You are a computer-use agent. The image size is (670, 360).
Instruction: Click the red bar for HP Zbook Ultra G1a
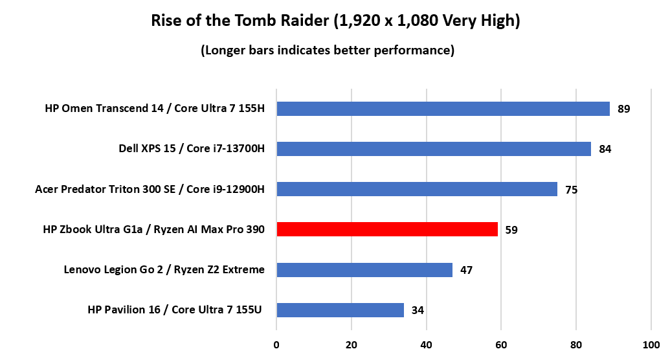387,229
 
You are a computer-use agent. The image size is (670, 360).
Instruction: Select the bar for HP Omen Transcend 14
443,109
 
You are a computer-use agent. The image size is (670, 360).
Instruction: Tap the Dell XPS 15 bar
434,149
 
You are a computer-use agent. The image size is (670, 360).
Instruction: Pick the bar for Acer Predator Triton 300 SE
417,189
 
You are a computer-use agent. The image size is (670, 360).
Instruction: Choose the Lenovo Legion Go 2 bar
364,269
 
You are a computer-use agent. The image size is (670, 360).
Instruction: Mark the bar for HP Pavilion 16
340,310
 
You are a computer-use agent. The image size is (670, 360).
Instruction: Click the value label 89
623,109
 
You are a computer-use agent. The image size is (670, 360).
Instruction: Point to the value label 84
605,150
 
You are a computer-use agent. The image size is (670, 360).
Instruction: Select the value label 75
571,190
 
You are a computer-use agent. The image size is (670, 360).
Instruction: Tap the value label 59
511,230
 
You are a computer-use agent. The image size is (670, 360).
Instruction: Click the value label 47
466,270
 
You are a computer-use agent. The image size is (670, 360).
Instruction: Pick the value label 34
418,310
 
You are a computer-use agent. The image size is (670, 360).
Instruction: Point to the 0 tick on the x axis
276,344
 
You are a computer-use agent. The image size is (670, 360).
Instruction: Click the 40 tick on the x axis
426,344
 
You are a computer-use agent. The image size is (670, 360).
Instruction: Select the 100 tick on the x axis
651,344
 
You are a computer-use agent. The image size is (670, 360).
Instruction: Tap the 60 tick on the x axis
501,344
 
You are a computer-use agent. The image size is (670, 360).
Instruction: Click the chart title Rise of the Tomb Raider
335,21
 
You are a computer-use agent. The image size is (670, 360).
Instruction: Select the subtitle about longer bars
327,50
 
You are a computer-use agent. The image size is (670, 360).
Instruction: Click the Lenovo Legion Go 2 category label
164,269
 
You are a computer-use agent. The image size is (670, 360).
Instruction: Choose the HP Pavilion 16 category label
175,309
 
